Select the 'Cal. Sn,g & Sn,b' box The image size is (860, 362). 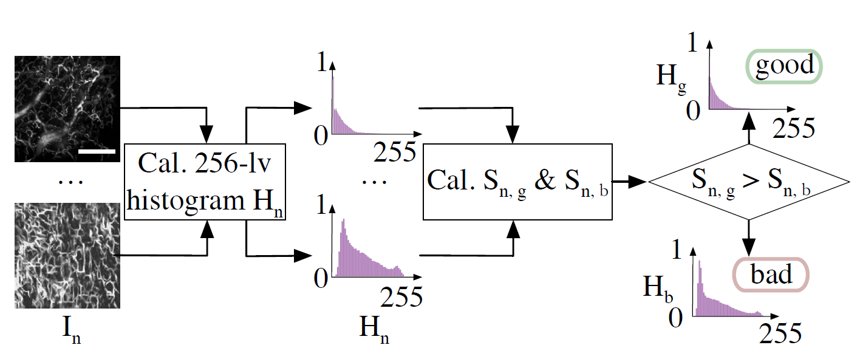coord(518,182)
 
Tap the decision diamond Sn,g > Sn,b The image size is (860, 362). coord(748,182)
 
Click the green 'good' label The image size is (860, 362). coord(783,66)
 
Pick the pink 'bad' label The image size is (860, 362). coord(771,275)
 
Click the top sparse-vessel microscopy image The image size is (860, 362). coord(67,109)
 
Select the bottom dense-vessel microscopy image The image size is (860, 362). coord(67,256)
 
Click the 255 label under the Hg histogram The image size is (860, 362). coord(793,128)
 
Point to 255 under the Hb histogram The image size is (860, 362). coord(780,334)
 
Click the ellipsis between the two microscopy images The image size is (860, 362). coord(66,181)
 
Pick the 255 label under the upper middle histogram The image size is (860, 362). coord(395,152)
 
